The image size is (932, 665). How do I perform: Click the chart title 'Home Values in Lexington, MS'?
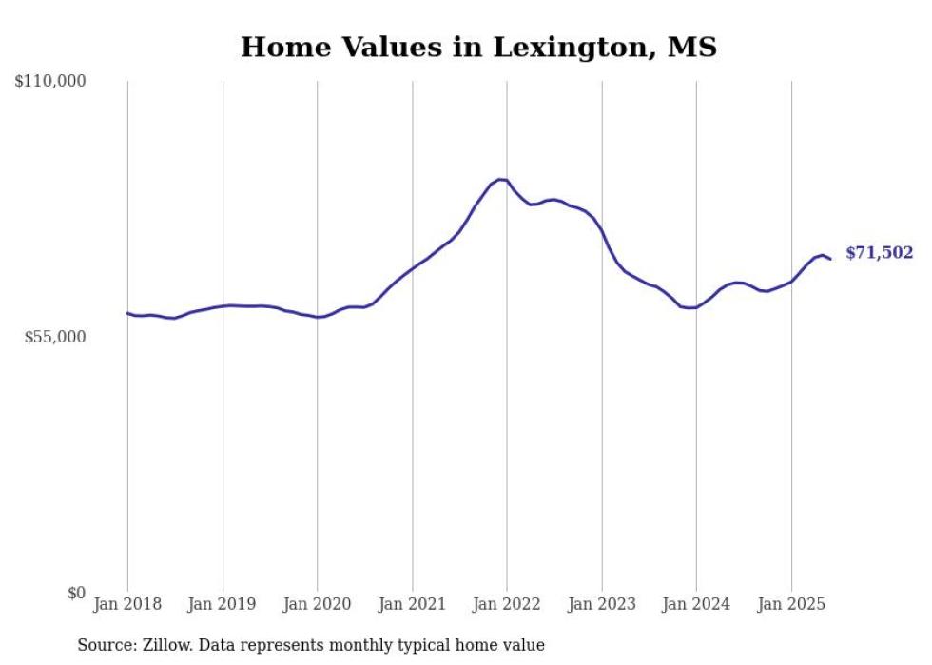[x=478, y=47]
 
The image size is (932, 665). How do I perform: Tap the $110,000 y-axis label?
[x=50, y=82]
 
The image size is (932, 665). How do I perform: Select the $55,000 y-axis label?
[x=55, y=337]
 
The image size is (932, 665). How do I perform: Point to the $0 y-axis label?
[x=76, y=593]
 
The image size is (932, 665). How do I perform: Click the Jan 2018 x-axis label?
[x=127, y=604]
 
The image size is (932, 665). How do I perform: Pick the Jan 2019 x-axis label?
[x=223, y=604]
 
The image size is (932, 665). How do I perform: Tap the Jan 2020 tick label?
[x=317, y=604]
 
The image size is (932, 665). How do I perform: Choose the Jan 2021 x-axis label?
[x=412, y=604]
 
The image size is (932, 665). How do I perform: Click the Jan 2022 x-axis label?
[x=507, y=604]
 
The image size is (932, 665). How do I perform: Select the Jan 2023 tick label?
[x=601, y=604]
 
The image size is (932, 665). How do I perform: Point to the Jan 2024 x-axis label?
[x=696, y=604]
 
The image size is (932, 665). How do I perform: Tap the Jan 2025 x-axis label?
[x=791, y=604]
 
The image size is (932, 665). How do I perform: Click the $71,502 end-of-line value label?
[x=879, y=253]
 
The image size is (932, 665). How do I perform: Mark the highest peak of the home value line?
[x=500, y=179]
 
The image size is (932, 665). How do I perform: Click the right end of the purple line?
[x=830, y=259]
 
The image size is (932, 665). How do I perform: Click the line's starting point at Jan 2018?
[x=127, y=313]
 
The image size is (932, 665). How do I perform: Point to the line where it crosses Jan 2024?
[x=696, y=307]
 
